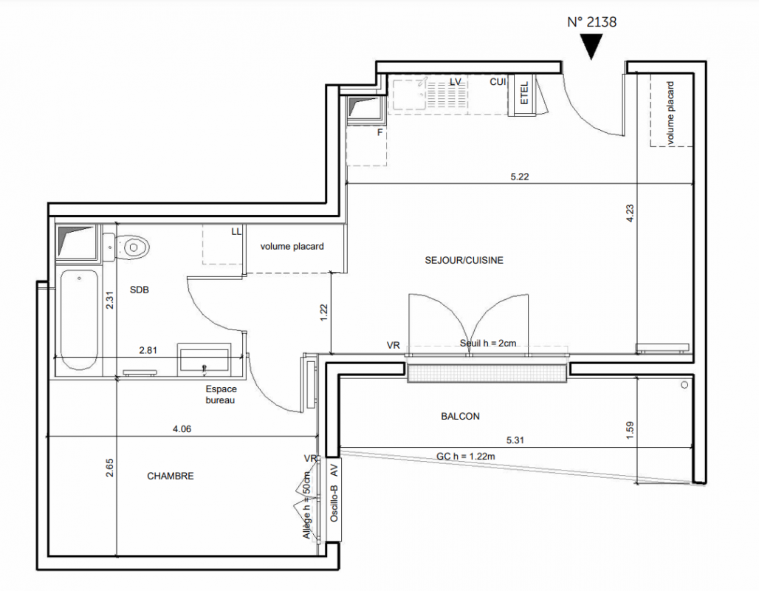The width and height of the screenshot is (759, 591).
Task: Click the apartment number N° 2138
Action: [591, 22]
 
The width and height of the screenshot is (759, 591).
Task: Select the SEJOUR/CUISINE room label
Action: [464, 260]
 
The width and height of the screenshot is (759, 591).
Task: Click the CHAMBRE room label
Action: [171, 476]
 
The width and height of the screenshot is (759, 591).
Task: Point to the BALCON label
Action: [460, 416]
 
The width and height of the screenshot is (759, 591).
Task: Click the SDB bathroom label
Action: [140, 290]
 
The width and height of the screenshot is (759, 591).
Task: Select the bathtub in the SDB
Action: [79, 321]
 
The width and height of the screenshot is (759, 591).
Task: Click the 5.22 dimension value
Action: [519, 177]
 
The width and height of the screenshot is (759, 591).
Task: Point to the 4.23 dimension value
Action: [630, 213]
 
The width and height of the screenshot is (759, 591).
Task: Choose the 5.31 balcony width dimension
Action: [515, 440]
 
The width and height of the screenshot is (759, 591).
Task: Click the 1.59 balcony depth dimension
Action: [630, 431]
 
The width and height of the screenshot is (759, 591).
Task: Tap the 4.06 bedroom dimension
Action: [182, 428]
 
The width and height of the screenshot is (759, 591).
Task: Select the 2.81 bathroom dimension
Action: [148, 350]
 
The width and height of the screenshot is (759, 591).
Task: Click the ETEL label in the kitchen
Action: [524, 92]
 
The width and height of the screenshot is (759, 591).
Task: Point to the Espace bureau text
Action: [221, 394]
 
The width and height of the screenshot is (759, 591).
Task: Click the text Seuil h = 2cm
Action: [488, 343]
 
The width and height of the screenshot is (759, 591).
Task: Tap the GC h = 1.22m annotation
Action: [466, 457]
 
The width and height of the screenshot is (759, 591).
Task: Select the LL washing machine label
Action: [236, 231]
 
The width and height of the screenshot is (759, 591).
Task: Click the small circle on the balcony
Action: [684, 385]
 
